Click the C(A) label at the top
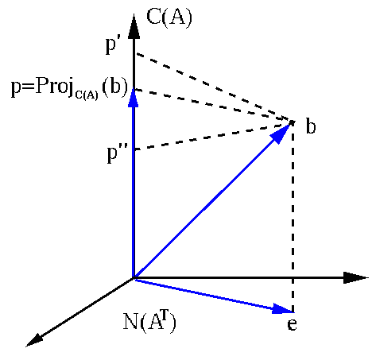click(169, 18)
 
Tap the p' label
click(111, 45)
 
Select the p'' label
click(114, 153)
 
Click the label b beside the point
click(311, 126)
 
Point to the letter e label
click(292, 324)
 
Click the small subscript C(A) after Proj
click(87, 95)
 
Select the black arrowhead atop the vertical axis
click(134, 26)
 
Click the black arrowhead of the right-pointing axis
click(355, 277)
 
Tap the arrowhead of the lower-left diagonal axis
click(34, 340)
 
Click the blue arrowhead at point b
click(281, 134)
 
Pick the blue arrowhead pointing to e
click(282, 309)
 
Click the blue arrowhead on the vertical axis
click(134, 98)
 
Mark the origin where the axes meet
click(134, 277)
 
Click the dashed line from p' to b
click(214, 87)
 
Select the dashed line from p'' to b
click(214, 136)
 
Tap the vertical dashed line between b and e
click(293, 217)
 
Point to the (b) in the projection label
click(114, 87)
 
